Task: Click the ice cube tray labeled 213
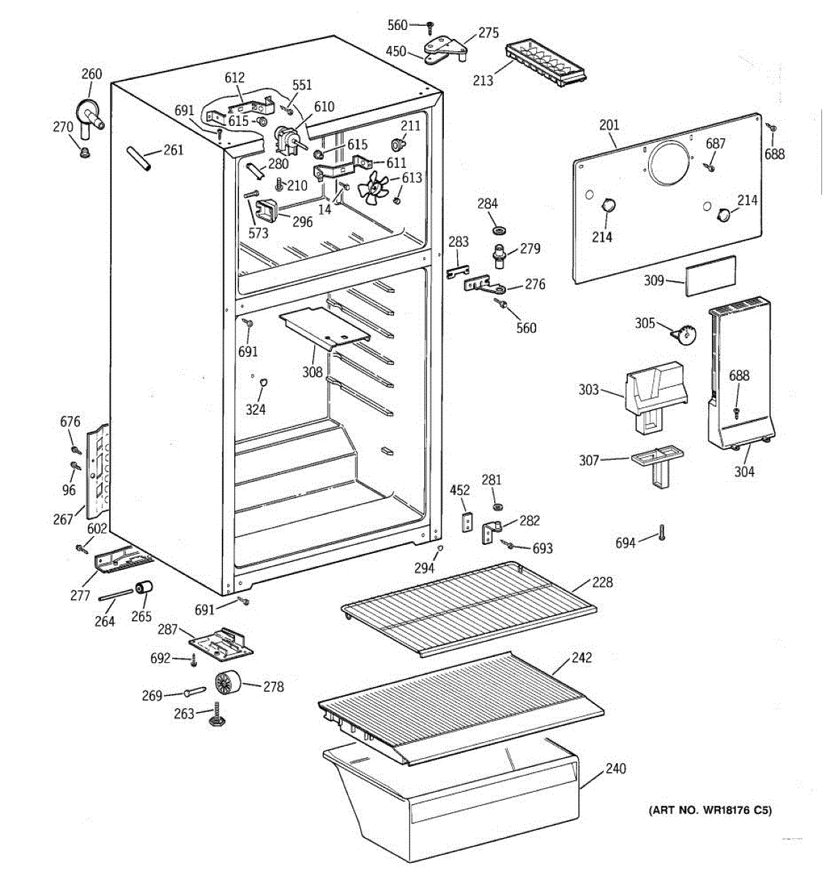[x=545, y=64]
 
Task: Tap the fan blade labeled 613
[x=374, y=189]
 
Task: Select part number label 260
[x=92, y=74]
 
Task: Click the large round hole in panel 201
[x=669, y=163]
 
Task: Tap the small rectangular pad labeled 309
[x=710, y=275]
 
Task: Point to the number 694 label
[x=626, y=543]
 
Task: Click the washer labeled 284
[x=499, y=230]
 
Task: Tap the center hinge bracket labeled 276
[x=484, y=285]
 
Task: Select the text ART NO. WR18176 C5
[x=710, y=810]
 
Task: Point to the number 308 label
[x=313, y=372]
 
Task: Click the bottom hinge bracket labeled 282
[x=491, y=532]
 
